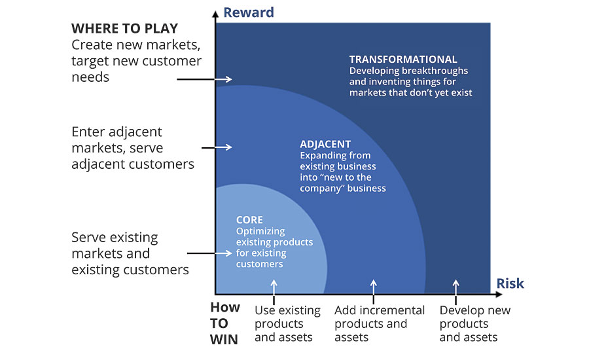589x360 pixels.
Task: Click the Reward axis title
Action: (x=249, y=12)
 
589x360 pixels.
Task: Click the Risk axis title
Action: (x=510, y=283)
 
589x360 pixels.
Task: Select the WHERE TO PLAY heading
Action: (x=125, y=29)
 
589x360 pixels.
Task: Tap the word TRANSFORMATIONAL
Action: (x=403, y=60)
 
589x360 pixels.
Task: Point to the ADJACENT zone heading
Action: (x=325, y=144)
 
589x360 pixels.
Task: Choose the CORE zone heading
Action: (x=249, y=220)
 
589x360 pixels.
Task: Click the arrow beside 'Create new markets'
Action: (x=204, y=79)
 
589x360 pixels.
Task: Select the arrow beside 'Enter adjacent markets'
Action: (x=217, y=147)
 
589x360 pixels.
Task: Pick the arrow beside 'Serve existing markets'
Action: (x=209, y=253)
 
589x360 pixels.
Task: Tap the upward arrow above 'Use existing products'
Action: (x=274, y=292)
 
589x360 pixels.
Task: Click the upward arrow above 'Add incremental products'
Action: (x=374, y=292)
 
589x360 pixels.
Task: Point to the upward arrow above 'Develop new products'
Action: (x=455, y=292)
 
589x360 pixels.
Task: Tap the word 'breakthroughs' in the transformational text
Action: (x=437, y=71)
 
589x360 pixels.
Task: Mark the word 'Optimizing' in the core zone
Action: (x=260, y=232)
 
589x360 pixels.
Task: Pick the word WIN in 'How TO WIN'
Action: (x=224, y=340)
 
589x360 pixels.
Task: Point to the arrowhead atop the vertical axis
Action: (x=215, y=14)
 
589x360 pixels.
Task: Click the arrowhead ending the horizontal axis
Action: (x=499, y=295)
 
